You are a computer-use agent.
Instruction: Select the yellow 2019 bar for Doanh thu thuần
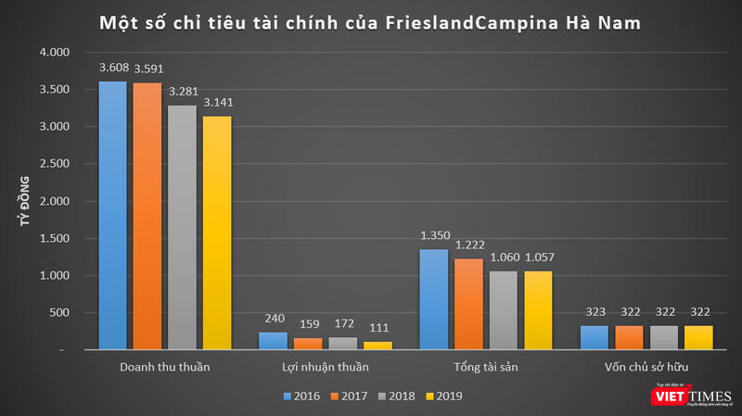coord(217,233)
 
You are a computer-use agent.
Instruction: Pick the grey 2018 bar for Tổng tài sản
coord(504,310)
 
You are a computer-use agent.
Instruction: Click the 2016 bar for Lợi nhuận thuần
coord(273,341)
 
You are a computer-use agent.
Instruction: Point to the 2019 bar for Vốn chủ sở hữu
coord(697,337)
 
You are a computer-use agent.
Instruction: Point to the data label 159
coord(308,325)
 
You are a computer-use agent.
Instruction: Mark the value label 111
coord(377,329)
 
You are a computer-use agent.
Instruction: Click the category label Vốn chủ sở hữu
coord(646,367)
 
